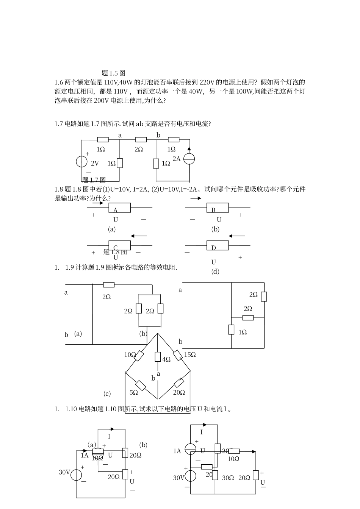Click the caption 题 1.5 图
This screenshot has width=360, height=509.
[x=114, y=73]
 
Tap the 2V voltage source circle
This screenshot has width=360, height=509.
[x=81, y=161]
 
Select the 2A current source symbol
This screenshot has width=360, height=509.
[x=189, y=159]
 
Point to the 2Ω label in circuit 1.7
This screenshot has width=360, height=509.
[x=139, y=150]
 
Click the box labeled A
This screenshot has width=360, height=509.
[x=120, y=208]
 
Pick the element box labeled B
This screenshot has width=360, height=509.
[x=218, y=208]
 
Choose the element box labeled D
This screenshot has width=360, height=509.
[x=218, y=245]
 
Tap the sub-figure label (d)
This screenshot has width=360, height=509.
[x=215, y=271]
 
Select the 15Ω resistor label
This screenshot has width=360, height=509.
[x=189, y=355]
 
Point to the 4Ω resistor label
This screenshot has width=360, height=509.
[x=166, y=359]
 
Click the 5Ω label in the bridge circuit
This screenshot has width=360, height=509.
[x=134, y=393]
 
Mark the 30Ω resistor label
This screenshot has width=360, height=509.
[x=228, y=478]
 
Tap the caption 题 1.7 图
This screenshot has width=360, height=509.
[x=94, y=180]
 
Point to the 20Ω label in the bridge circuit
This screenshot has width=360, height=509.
[x=179, y=393]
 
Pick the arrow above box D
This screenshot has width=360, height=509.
[x=237, y=236]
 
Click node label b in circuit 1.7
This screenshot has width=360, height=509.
[x=158, y=135]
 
